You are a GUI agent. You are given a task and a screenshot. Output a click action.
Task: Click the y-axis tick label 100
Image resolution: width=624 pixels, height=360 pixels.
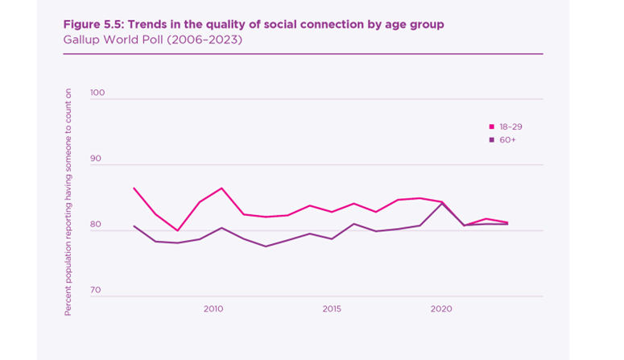click(97, 93)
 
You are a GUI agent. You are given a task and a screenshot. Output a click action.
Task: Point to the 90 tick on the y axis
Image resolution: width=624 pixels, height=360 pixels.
click(95, 159)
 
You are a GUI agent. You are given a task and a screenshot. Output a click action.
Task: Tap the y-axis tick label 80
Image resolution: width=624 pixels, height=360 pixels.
click(95, 225)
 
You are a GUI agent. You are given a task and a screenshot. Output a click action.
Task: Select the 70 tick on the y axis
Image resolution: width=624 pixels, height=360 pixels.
click(95, 291)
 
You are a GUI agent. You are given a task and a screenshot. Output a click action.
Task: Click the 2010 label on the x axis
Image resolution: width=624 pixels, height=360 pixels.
click(213, 308)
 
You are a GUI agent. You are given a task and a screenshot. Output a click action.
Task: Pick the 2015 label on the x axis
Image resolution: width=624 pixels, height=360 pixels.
click(332, 308)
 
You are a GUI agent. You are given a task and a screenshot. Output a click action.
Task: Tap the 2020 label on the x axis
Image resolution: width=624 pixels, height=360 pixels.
click(441, 308)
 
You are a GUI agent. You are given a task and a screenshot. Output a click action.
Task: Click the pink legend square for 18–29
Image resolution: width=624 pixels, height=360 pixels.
click(492, 126)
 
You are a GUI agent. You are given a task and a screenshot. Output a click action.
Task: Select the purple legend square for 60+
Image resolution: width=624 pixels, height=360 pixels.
click(492, 140)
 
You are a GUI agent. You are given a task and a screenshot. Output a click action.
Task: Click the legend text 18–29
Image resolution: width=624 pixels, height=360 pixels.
click(510, 126)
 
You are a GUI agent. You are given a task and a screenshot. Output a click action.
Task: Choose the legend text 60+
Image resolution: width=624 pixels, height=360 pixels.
click(507, 140)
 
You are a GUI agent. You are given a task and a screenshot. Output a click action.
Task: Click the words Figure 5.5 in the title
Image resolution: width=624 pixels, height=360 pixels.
click(95, 24)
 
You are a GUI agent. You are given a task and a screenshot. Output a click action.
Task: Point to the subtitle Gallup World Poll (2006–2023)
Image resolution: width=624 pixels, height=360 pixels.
click(152, 39)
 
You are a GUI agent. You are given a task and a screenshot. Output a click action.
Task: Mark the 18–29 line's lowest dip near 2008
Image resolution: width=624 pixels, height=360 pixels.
click(178, 230)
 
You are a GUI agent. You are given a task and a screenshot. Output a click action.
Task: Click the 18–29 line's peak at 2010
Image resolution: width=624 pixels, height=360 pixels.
click(221, 188)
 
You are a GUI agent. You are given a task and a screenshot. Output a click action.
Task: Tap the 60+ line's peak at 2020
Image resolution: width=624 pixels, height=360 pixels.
click(441, 203)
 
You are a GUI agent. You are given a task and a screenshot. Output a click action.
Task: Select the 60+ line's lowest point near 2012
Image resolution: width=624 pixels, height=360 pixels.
click(265, 246)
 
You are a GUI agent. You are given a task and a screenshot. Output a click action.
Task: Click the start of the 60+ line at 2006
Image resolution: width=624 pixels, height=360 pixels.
click(134, 226)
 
